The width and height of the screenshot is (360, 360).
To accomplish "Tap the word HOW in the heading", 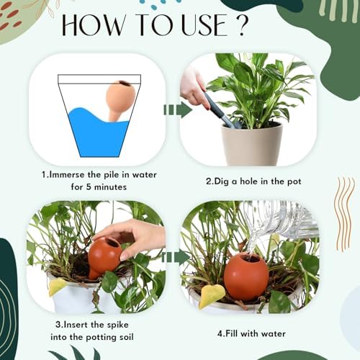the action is pyautogui.click(x=94, y=25).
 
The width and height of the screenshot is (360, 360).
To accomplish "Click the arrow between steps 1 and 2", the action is pyautogui.click(x=178, y=110).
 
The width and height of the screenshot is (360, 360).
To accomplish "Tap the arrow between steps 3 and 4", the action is pyautogui.click(x=176, y=257).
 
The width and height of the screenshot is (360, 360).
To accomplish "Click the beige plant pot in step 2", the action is pyautogui.click(x=251, y=144).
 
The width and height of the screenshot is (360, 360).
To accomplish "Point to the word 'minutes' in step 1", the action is pyautogui.click(x=110, y=187).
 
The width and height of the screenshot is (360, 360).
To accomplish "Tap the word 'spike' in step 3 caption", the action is pyautogui.click(x=118, y=325).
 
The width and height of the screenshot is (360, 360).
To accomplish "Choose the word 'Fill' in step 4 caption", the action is pyautogui.click(x=231, y=333).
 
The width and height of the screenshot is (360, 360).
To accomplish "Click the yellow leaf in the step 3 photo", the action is pyautogui.click(x=58, y=287).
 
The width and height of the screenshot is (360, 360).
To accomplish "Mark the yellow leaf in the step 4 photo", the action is pyautogui.click(x=212, y=297).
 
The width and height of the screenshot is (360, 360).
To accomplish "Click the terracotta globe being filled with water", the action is pyautogui.click(x=246, y=277).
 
